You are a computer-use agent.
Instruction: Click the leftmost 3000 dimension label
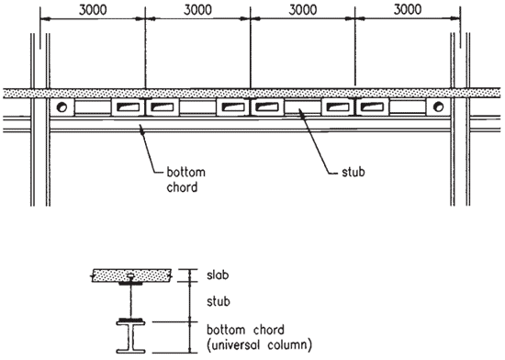click(x=93, y=10)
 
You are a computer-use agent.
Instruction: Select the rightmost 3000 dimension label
click(x=408, y=10)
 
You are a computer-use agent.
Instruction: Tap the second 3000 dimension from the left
click(x=197, y=10)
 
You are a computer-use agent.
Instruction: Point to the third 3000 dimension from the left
click(x=303, y=10)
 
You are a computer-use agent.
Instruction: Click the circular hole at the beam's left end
click(x=62, y=107)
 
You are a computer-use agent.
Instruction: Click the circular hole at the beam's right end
click(x=438, y=107)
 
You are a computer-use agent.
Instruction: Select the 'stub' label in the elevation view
click(x=353, y=172)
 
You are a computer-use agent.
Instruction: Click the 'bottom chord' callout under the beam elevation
click(x=185, y=180)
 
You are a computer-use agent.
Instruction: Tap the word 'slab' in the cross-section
click(x=218, y=276)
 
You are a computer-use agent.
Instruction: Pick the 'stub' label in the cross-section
click(x=219, y=302)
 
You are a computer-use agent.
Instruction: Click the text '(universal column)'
click(x=259, y=345)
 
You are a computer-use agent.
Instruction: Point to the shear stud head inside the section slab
click(x=130, y=276)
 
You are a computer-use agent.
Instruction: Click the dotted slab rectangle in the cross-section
click(x=131, y=276)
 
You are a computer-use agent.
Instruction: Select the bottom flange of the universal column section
click(x=130, y=351)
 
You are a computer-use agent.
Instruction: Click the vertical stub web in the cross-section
click(x=130, y=302)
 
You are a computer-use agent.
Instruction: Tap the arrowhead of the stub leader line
click(x=299, y=111)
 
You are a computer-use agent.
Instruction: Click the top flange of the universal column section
click(x=130, y=323)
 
